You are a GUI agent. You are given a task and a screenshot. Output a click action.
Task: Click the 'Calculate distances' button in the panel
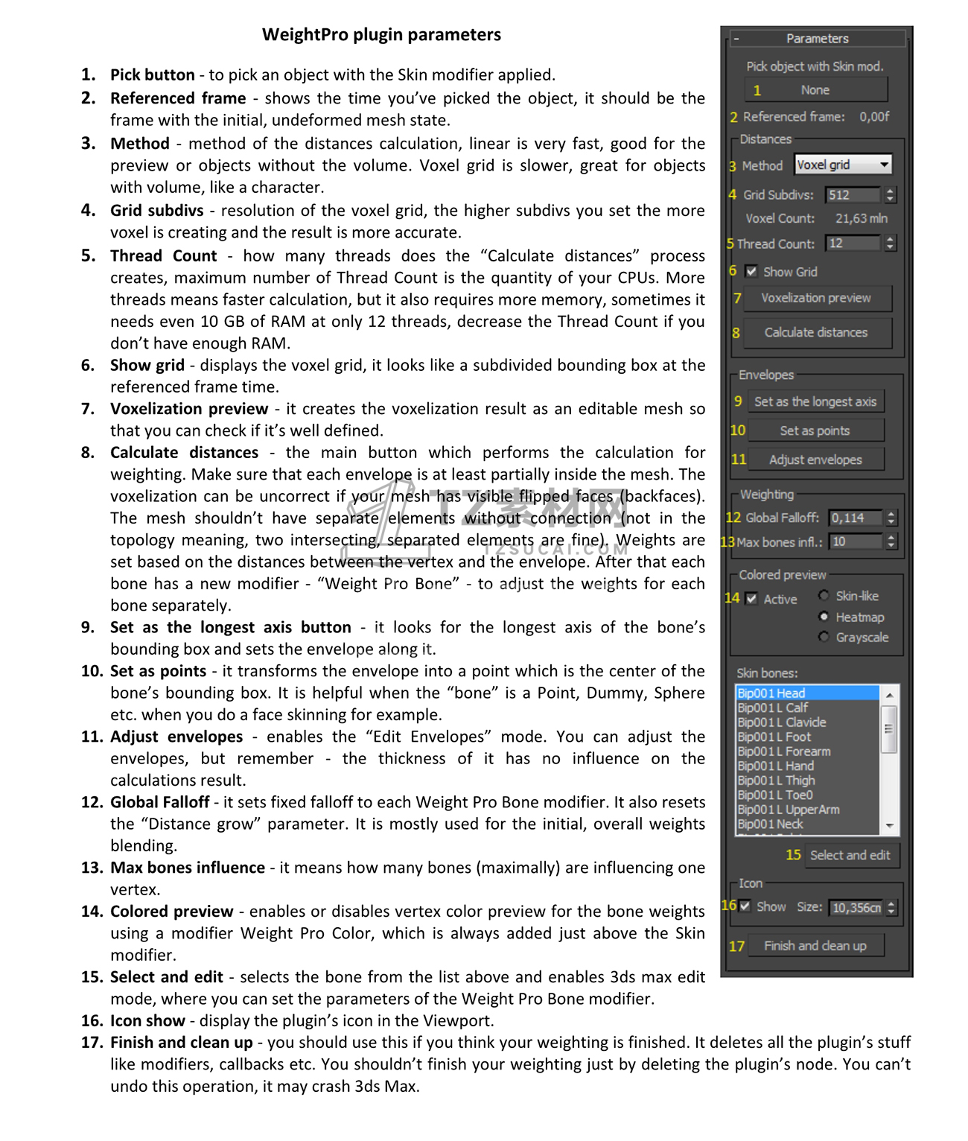816,333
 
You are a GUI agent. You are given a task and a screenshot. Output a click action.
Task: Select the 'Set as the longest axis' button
815,402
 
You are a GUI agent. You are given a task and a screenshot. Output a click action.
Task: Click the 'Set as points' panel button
815,431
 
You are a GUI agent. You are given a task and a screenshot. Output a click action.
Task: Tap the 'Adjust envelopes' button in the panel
815,460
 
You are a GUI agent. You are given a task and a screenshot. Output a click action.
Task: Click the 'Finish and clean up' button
815,946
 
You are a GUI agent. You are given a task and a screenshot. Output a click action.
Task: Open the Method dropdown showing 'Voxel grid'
843,165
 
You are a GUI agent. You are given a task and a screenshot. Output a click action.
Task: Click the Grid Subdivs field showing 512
853,195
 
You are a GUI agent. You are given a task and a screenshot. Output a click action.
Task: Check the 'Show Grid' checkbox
752,272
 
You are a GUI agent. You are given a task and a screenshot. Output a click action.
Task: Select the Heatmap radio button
824,617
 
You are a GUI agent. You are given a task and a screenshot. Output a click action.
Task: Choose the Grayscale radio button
824,637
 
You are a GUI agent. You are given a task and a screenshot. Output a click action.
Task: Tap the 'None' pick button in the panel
815,90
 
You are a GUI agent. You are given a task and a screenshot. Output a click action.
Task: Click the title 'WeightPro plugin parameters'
381,35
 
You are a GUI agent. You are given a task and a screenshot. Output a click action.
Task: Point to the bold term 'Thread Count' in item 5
164,256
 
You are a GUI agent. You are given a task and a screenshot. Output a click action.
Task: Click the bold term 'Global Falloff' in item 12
160,803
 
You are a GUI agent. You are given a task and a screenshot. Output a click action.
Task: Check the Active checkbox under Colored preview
752,599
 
